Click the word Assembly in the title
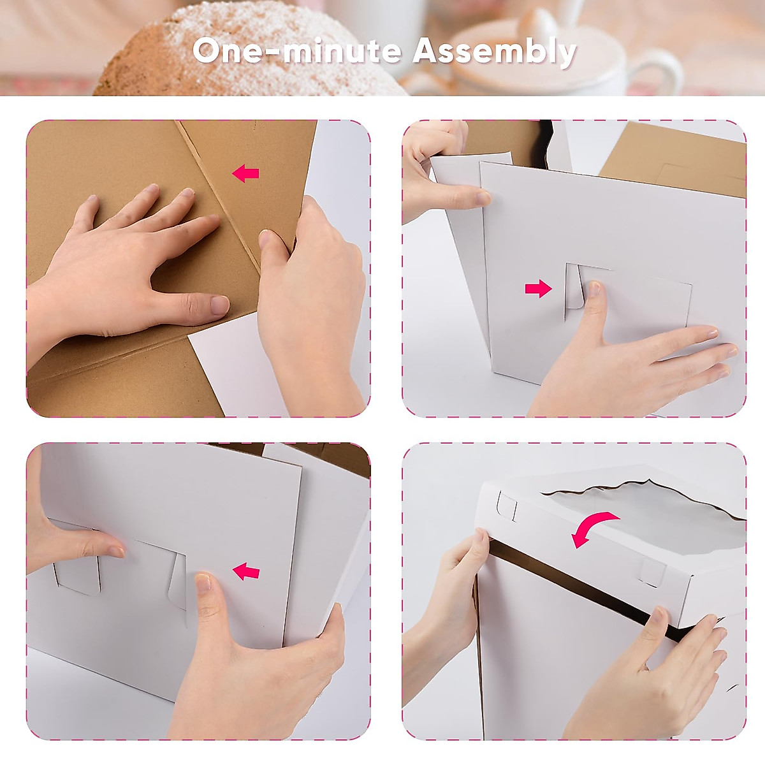(494, 51)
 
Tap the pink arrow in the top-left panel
(245, 173)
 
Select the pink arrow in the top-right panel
(538, 289)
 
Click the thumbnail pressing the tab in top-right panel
(594, 290)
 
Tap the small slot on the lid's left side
(507, 506)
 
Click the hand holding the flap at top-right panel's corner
(440, 172)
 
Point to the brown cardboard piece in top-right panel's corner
(682, 159)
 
